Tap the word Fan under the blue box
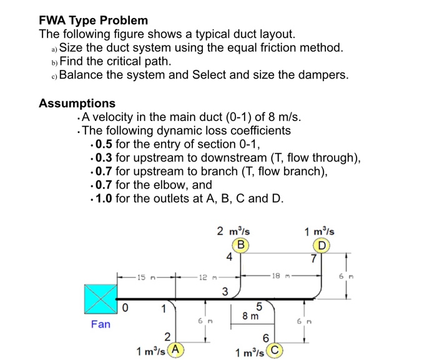(x=101, y=324)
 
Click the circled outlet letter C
(x=275, y=350)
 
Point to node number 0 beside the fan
(x=125, y=308)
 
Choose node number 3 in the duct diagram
(x=225, y=290)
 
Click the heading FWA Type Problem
(x=94, y=20)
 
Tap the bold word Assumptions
(x=77, y=103)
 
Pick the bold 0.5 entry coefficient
(x=104, y=144)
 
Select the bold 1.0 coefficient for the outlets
(x=104, y=199)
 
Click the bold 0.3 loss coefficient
(x=104, y=158)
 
